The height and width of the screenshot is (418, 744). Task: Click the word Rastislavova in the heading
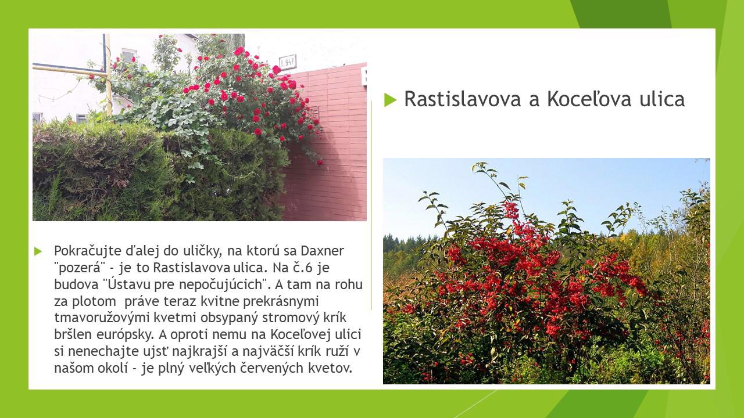pyautogui.click(x=462, y=99)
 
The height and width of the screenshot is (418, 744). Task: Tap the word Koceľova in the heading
pyautogui.click(x=589, y=98)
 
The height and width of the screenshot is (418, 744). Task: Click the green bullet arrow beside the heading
pyautogui.click(x=390, y=100)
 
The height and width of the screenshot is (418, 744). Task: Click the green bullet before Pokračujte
pyautogui.click(x=38, y=251)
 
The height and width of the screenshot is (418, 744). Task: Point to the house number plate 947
pyautogui.click(x=288, y=62)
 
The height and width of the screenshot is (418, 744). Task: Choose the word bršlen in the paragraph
pyautogui.click(x=73, y=334)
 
